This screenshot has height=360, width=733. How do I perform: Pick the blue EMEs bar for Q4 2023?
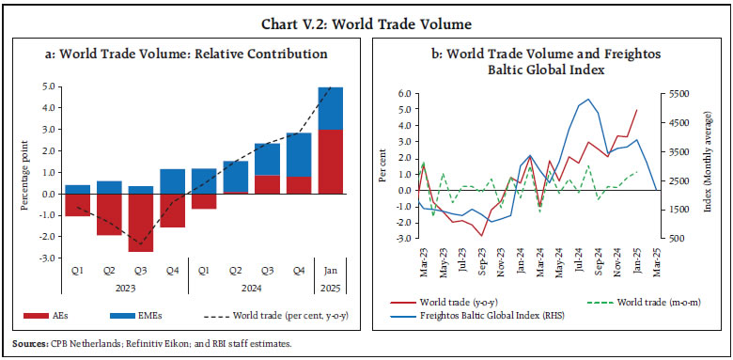[x=173, y=180]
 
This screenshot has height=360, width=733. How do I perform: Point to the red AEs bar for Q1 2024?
[x=204, y=201]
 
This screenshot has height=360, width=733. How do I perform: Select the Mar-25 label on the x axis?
[x=655, y=263]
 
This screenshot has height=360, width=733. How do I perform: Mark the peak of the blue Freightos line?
[x=588, y=99]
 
